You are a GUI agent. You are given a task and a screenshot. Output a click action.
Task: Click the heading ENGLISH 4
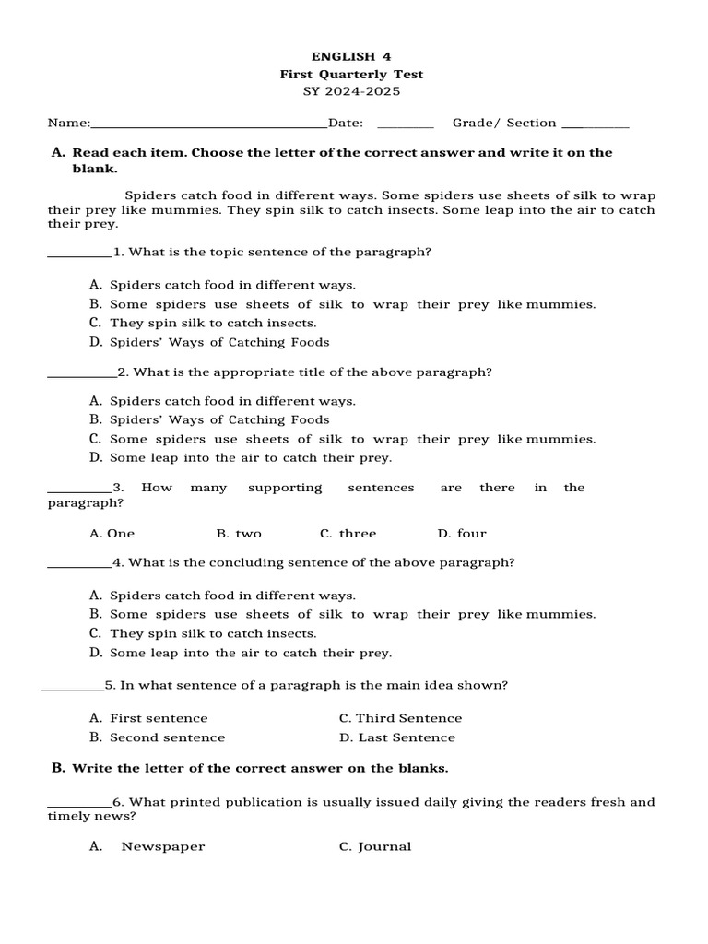coord(351,56)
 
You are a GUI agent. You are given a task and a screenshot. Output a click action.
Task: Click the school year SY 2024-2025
coord(351,91)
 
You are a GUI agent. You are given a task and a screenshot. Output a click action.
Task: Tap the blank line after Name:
coord(208,124)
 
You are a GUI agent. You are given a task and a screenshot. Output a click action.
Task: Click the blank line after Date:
coord(405,124)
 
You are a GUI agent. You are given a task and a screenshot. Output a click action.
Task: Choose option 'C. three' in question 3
coord(348,533)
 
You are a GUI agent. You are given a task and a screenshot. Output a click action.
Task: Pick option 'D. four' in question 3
coord(462,533)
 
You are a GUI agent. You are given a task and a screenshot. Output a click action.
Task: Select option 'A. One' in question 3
coord(112,533)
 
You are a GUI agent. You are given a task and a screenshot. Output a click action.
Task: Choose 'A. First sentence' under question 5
coord(148,718)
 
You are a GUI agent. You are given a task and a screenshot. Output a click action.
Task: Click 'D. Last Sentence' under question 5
coord(396,737)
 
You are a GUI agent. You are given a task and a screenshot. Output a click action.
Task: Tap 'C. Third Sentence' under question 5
coord(400,718)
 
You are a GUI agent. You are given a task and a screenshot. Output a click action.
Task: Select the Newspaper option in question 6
coord(162,846)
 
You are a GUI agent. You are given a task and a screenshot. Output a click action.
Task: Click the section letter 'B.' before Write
coord(58,767)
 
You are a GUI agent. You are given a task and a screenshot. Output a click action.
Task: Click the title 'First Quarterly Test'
coord(351,74)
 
